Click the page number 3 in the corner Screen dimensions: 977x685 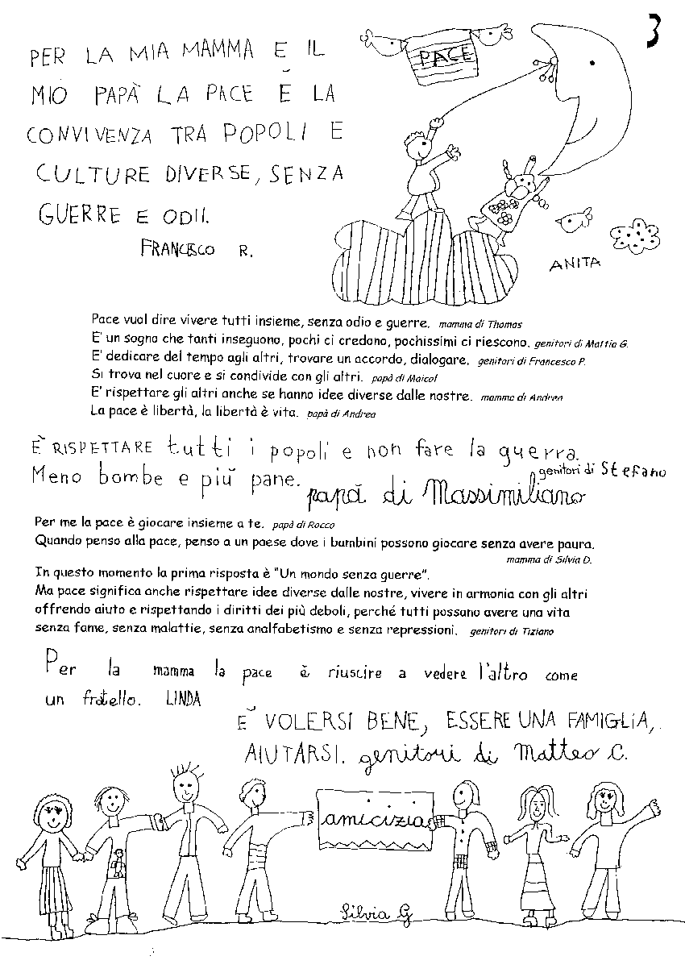pyautogui.click(x=654, y=33)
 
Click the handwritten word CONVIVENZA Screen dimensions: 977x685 pyautogui.click(x=90, y=135)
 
